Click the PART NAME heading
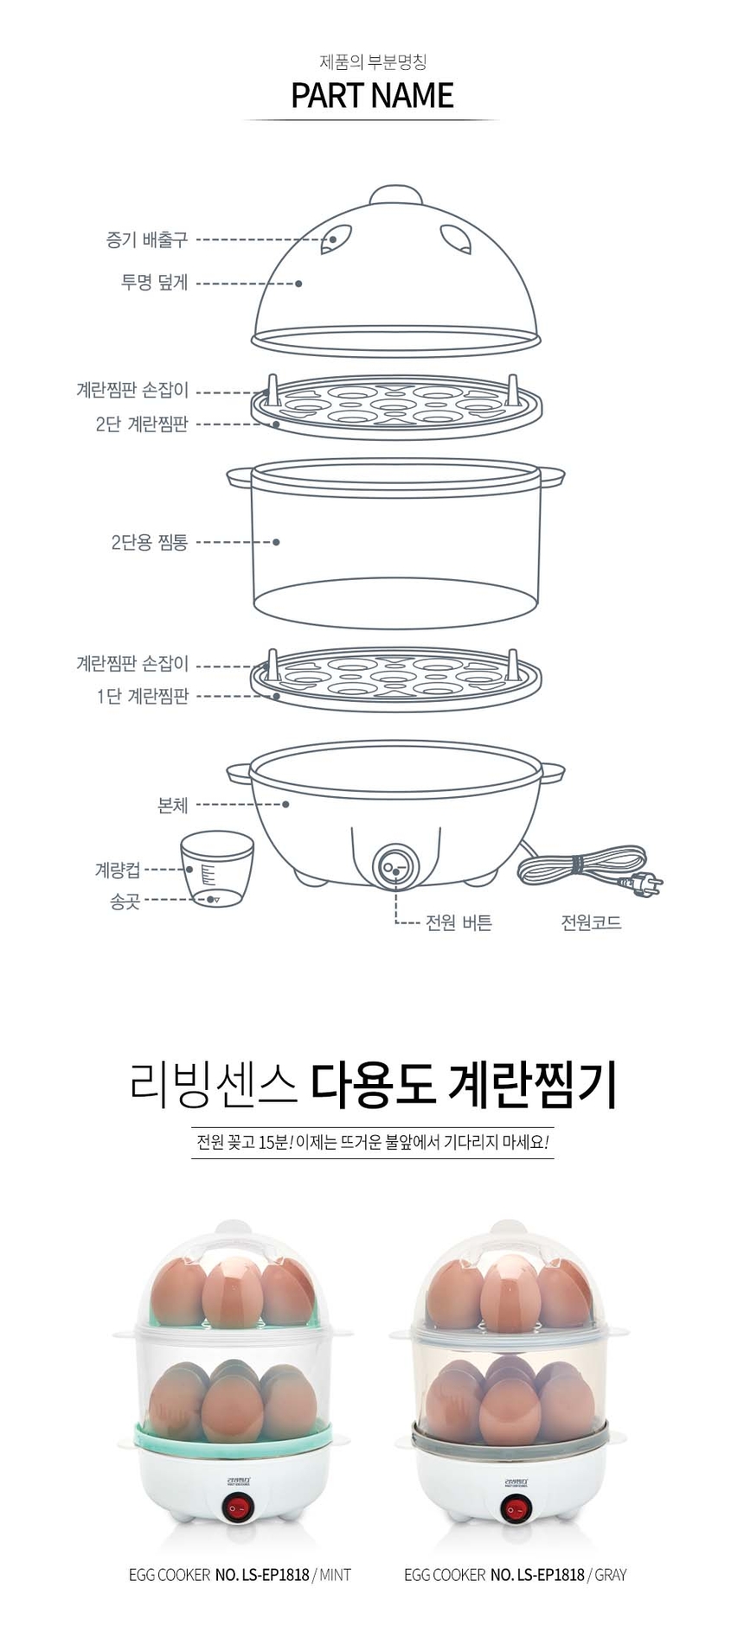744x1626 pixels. (x=372, y=95)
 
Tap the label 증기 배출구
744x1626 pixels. (x=146, y=239)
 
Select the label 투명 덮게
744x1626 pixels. (x=154, y=283)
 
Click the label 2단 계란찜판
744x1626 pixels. (x=141, y=424)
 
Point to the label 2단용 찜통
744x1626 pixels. (x=149, y=542)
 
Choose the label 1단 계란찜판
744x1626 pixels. (x=142, y=696)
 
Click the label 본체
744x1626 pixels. (x=172, y=805)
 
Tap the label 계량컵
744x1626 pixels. (x=117, y=869)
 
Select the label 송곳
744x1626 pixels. (x=125, y=901)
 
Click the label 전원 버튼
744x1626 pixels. (x=459, y=922)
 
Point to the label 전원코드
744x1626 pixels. (x=591, y=922)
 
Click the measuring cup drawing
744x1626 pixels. (x=216, y=870)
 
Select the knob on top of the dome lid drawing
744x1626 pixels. (x=395, y=194)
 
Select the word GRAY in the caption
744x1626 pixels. (x=611, y=1574)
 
